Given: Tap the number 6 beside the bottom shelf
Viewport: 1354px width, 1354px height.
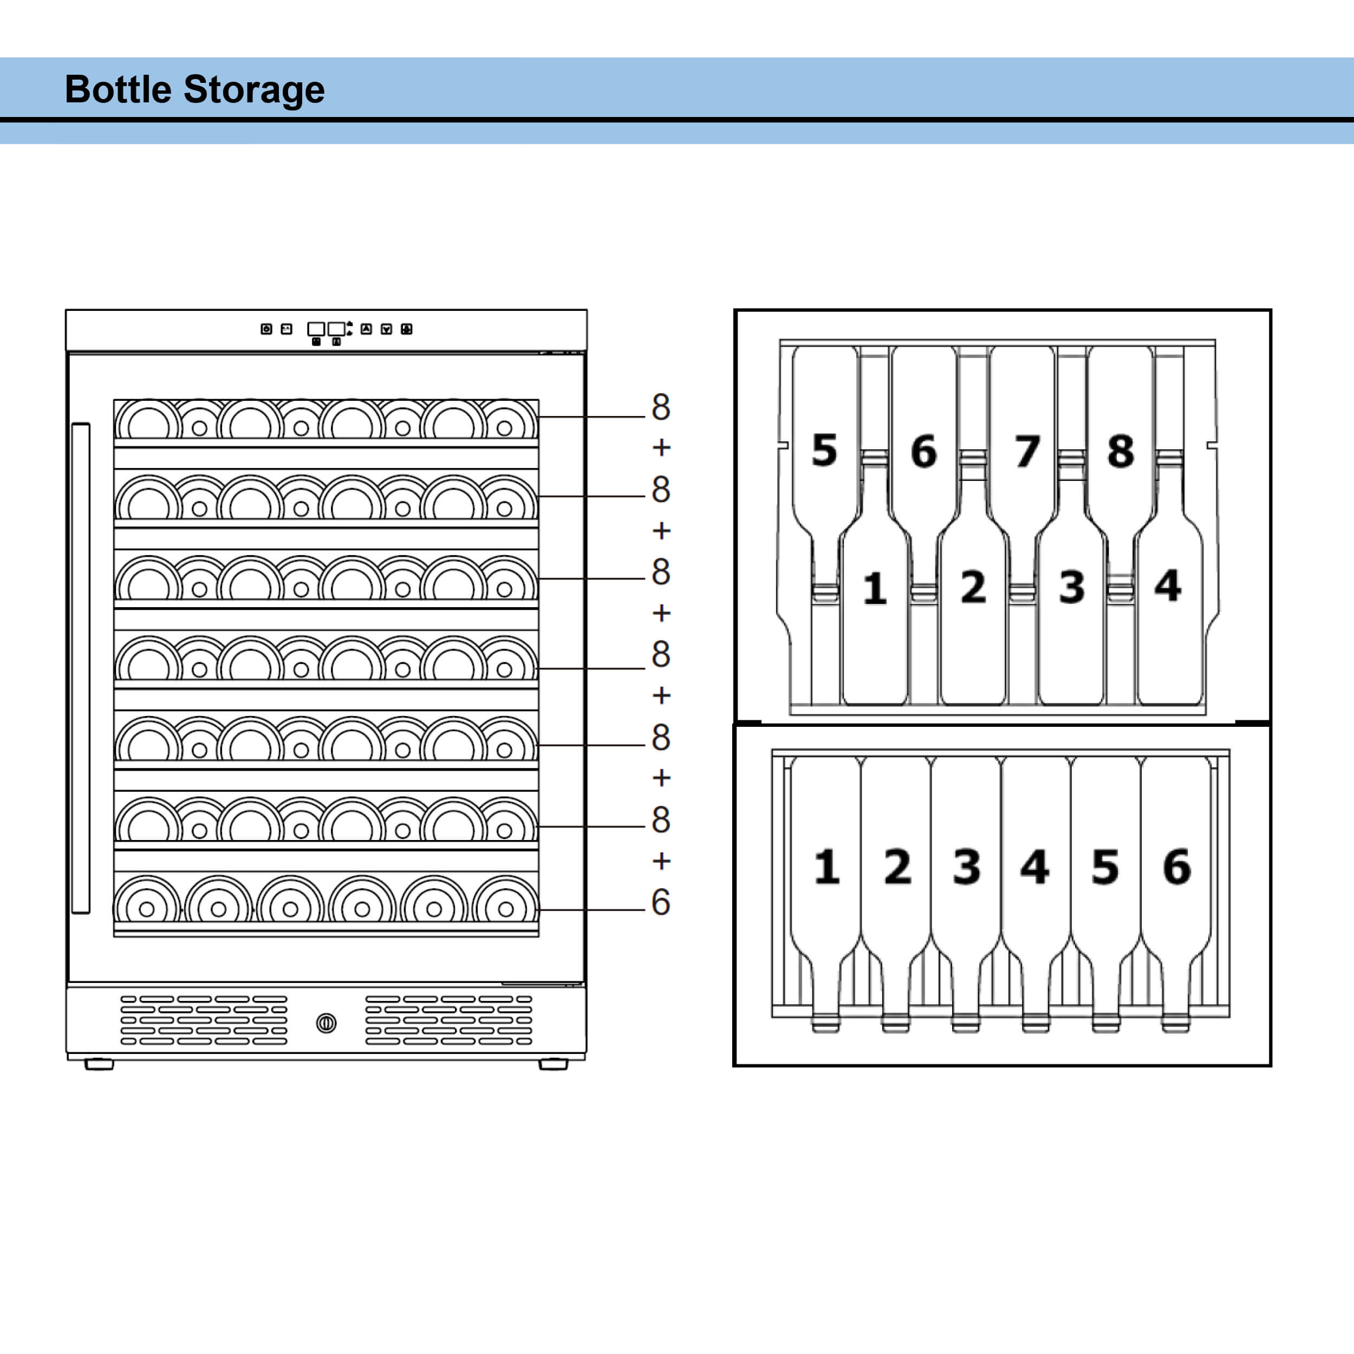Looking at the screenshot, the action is click(x=660, y=902).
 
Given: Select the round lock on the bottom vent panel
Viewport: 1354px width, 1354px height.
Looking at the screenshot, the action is click(x=326, y=1023).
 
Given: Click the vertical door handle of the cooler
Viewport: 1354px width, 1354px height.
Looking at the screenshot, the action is click(x=81, y=668).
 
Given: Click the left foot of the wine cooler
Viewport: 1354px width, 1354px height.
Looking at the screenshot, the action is click(x=99, y=1064).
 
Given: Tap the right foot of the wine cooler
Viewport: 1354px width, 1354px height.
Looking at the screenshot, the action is click(x=553, y=1064).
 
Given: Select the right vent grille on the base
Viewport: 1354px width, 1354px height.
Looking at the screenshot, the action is click(x=448, y=1020).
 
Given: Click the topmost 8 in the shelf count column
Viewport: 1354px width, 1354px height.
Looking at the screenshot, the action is click(x=660, y=407).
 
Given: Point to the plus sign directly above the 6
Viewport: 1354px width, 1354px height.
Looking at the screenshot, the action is click(x=661, y=861).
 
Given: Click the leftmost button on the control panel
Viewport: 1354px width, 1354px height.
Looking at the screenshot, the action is click(x=266, y=329).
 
